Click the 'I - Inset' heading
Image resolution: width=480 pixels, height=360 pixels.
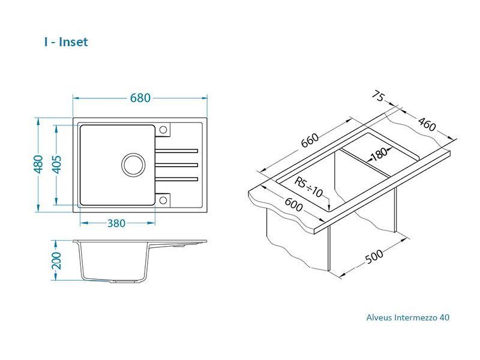tap(66, 42)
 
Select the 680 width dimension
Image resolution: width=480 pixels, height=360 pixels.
tap(140, 98)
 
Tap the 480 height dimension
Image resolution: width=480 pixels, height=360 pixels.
tap(38, 164)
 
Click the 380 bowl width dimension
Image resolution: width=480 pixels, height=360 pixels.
tap(116, 223)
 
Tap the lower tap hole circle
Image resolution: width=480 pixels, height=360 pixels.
tap(163, 198)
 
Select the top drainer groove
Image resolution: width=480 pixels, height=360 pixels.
tap(177, 149)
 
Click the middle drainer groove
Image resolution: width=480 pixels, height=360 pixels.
tap(177, 164)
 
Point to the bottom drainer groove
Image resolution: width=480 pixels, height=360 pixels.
tap(177, 178)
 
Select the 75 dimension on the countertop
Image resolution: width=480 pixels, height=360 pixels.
tap(378, 96)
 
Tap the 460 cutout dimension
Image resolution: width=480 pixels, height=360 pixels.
tap(426, 125)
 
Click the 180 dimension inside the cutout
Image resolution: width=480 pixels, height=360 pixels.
tap(379, 154)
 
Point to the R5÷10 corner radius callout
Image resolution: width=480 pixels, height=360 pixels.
tap(310, 187)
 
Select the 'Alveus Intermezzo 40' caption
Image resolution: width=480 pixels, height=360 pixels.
tap(407, 317)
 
